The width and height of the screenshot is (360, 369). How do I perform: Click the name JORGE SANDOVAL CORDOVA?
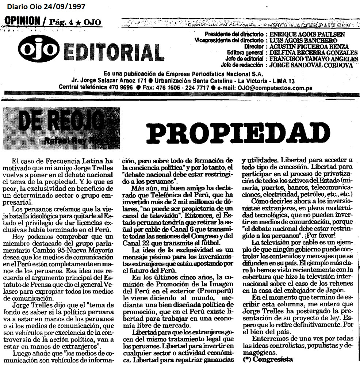click(311, 65)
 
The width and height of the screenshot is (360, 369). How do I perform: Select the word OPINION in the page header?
click(22, 21)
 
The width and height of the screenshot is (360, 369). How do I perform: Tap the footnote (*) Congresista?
click(268, 359)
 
